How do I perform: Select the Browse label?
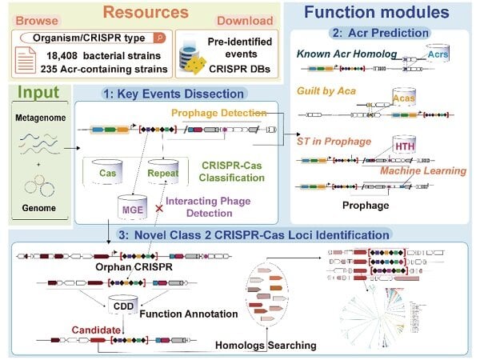pos(36,18)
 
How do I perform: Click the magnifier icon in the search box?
pos(159,36)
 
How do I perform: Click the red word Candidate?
pos(97,329)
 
